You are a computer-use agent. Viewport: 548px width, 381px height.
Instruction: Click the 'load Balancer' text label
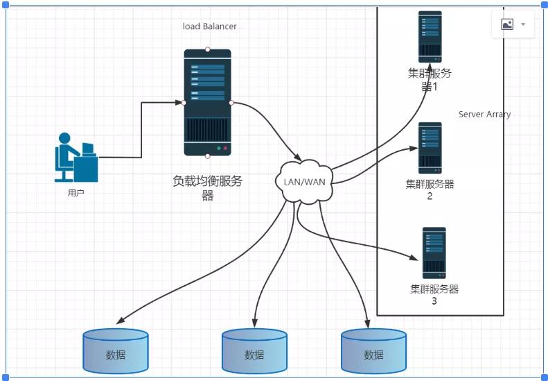(209, 26)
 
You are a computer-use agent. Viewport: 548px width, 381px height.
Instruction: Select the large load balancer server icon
(207, 103)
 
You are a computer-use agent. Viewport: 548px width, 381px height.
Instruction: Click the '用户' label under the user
(76, 193)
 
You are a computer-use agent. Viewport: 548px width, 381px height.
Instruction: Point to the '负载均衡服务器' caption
(207, 188)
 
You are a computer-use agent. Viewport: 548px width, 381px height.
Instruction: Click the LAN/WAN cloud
(304, 182)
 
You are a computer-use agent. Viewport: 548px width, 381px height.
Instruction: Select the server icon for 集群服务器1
(430, 37)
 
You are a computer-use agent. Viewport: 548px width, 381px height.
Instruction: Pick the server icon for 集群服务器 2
(430, 148)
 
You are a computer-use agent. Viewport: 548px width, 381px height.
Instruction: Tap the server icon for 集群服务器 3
(434, 253)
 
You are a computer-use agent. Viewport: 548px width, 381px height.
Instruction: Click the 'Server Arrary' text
(484, 115)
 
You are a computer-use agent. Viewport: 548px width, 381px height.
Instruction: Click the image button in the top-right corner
(507, 24)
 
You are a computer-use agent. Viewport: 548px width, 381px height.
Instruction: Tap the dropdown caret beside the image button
(523, 24)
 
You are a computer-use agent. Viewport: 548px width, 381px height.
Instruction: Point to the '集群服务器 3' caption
(434, 295)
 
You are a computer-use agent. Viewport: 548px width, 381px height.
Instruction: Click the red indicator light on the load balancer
(225, 149)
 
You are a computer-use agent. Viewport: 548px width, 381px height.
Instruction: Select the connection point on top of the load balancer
(207, 49)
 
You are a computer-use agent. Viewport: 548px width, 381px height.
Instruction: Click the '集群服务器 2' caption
(430, 189)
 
